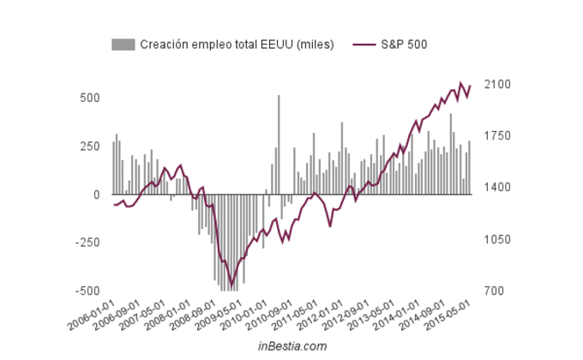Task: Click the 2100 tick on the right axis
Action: click(x=497, y=85)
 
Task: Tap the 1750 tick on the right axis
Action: click(x=497, y=136)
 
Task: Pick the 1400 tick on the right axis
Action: click(x=497, y=188)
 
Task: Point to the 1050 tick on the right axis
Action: click(x=497, y=239)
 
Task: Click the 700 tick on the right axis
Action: click(x=495, y=291)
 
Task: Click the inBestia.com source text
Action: click(x=291, y=346)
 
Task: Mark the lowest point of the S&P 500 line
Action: click(x=231, y=284)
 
